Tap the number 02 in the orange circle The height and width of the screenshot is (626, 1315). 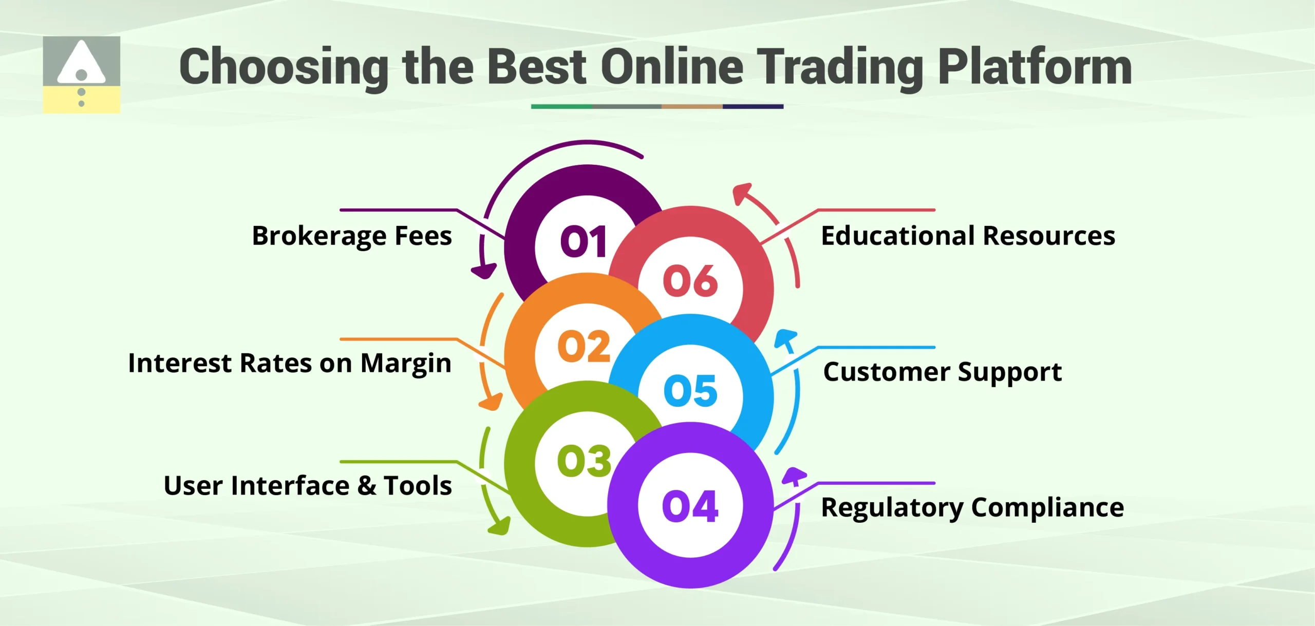(584, 346)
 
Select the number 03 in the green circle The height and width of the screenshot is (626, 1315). (584, 461)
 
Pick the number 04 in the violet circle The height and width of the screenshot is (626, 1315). (690, 506)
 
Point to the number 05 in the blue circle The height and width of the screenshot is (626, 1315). (690, 390)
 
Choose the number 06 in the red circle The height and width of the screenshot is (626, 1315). (690, 281)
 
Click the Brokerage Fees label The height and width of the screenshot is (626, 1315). (352, 236)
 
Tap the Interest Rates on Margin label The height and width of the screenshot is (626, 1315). (290, 363)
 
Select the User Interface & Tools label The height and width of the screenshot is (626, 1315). (308, 485)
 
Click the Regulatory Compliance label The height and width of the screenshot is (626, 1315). (972, 507)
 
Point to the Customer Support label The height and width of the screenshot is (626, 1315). (942, 372)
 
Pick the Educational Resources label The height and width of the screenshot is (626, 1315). (968, 236)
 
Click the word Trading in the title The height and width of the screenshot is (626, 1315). (840, 67)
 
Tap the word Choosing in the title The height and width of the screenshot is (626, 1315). (284, 67)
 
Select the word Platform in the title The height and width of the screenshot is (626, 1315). (1035, 67)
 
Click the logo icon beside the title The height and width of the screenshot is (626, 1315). (81, 74)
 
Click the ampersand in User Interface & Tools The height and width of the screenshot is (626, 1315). (367, 485)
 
